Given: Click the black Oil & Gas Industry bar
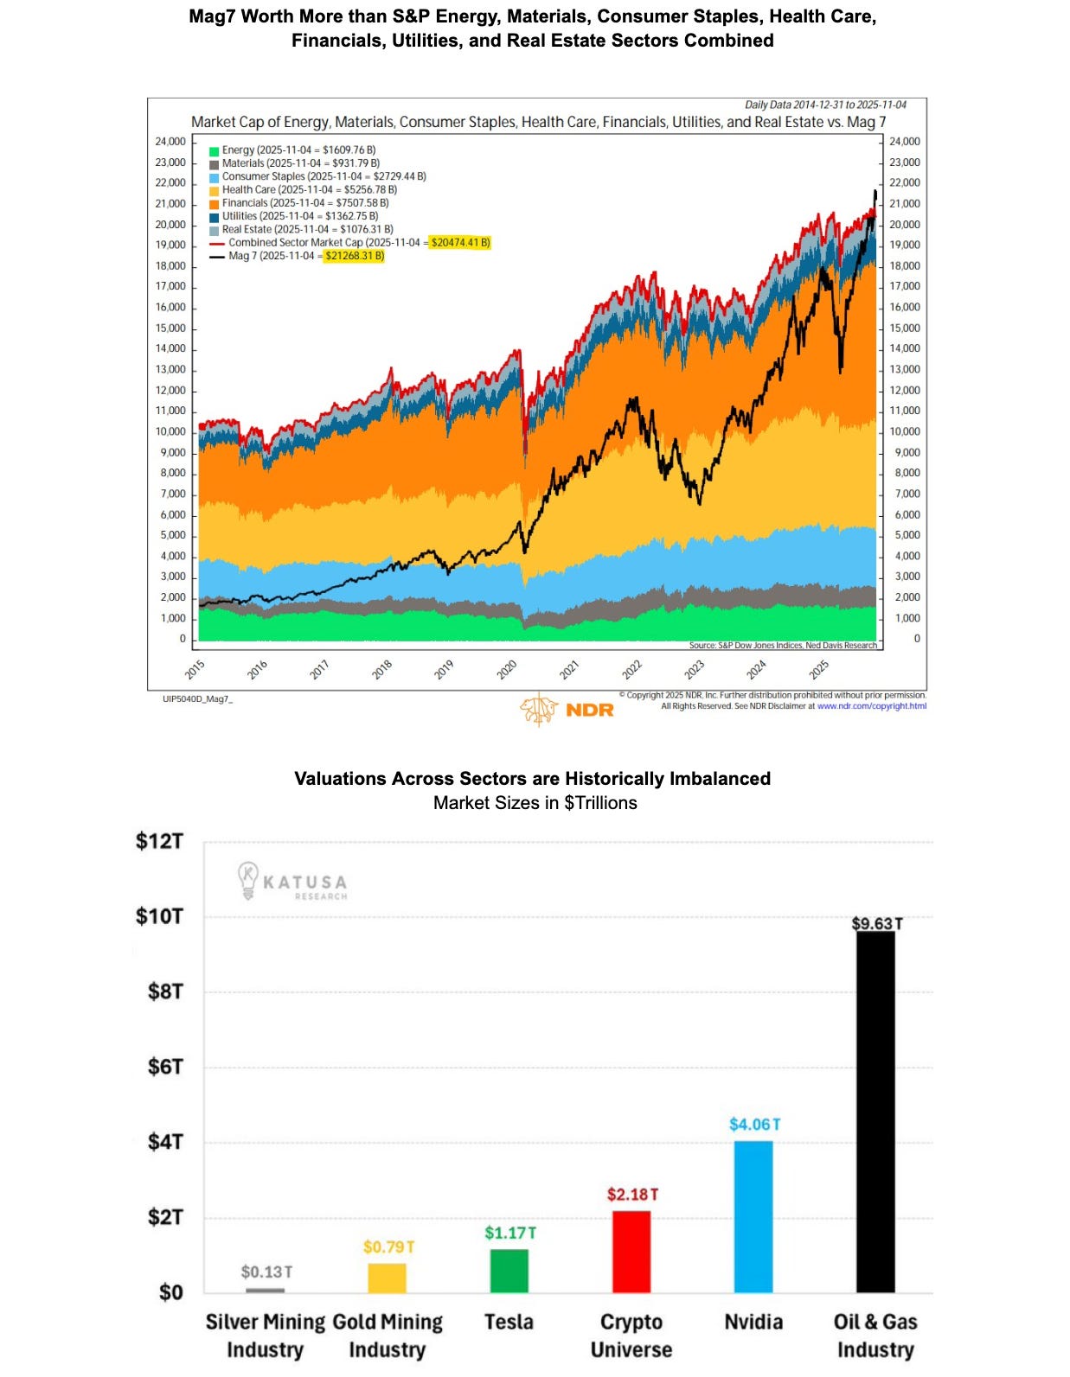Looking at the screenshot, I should [x=875, y=1111].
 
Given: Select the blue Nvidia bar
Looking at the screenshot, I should [x=753, y=1216].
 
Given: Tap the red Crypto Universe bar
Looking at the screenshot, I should [x=631, y=1251].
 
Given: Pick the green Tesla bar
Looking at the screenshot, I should [x=509, y=1270].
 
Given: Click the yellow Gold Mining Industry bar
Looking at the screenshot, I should [x=387, y=1278].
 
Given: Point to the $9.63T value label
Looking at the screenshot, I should [x=876, y=923].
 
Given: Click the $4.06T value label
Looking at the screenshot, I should [x=754, y=1124].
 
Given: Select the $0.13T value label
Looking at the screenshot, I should [x=266, y=1272].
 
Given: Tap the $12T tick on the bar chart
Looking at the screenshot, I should [x=159, y=841].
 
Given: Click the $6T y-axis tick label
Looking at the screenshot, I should [x=165, y=1067].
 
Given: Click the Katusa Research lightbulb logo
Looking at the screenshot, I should [x=248, y=881].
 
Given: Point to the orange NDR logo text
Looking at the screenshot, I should [x=590, y=710].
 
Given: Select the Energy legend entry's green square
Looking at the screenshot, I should [x=214, y=150].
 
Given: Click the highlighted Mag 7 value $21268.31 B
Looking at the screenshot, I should [x=355, y=256].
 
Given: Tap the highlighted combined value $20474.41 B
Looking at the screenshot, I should [x=460, y=243].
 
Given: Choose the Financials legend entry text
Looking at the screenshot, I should [x=304, y=203].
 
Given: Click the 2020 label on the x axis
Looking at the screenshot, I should [x=507, y=669].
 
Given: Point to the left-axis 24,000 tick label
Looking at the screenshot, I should [x=170, y=142].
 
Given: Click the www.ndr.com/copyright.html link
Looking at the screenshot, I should [x=871, y=706].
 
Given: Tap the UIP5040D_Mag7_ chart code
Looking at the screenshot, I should [x=197, y=698].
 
